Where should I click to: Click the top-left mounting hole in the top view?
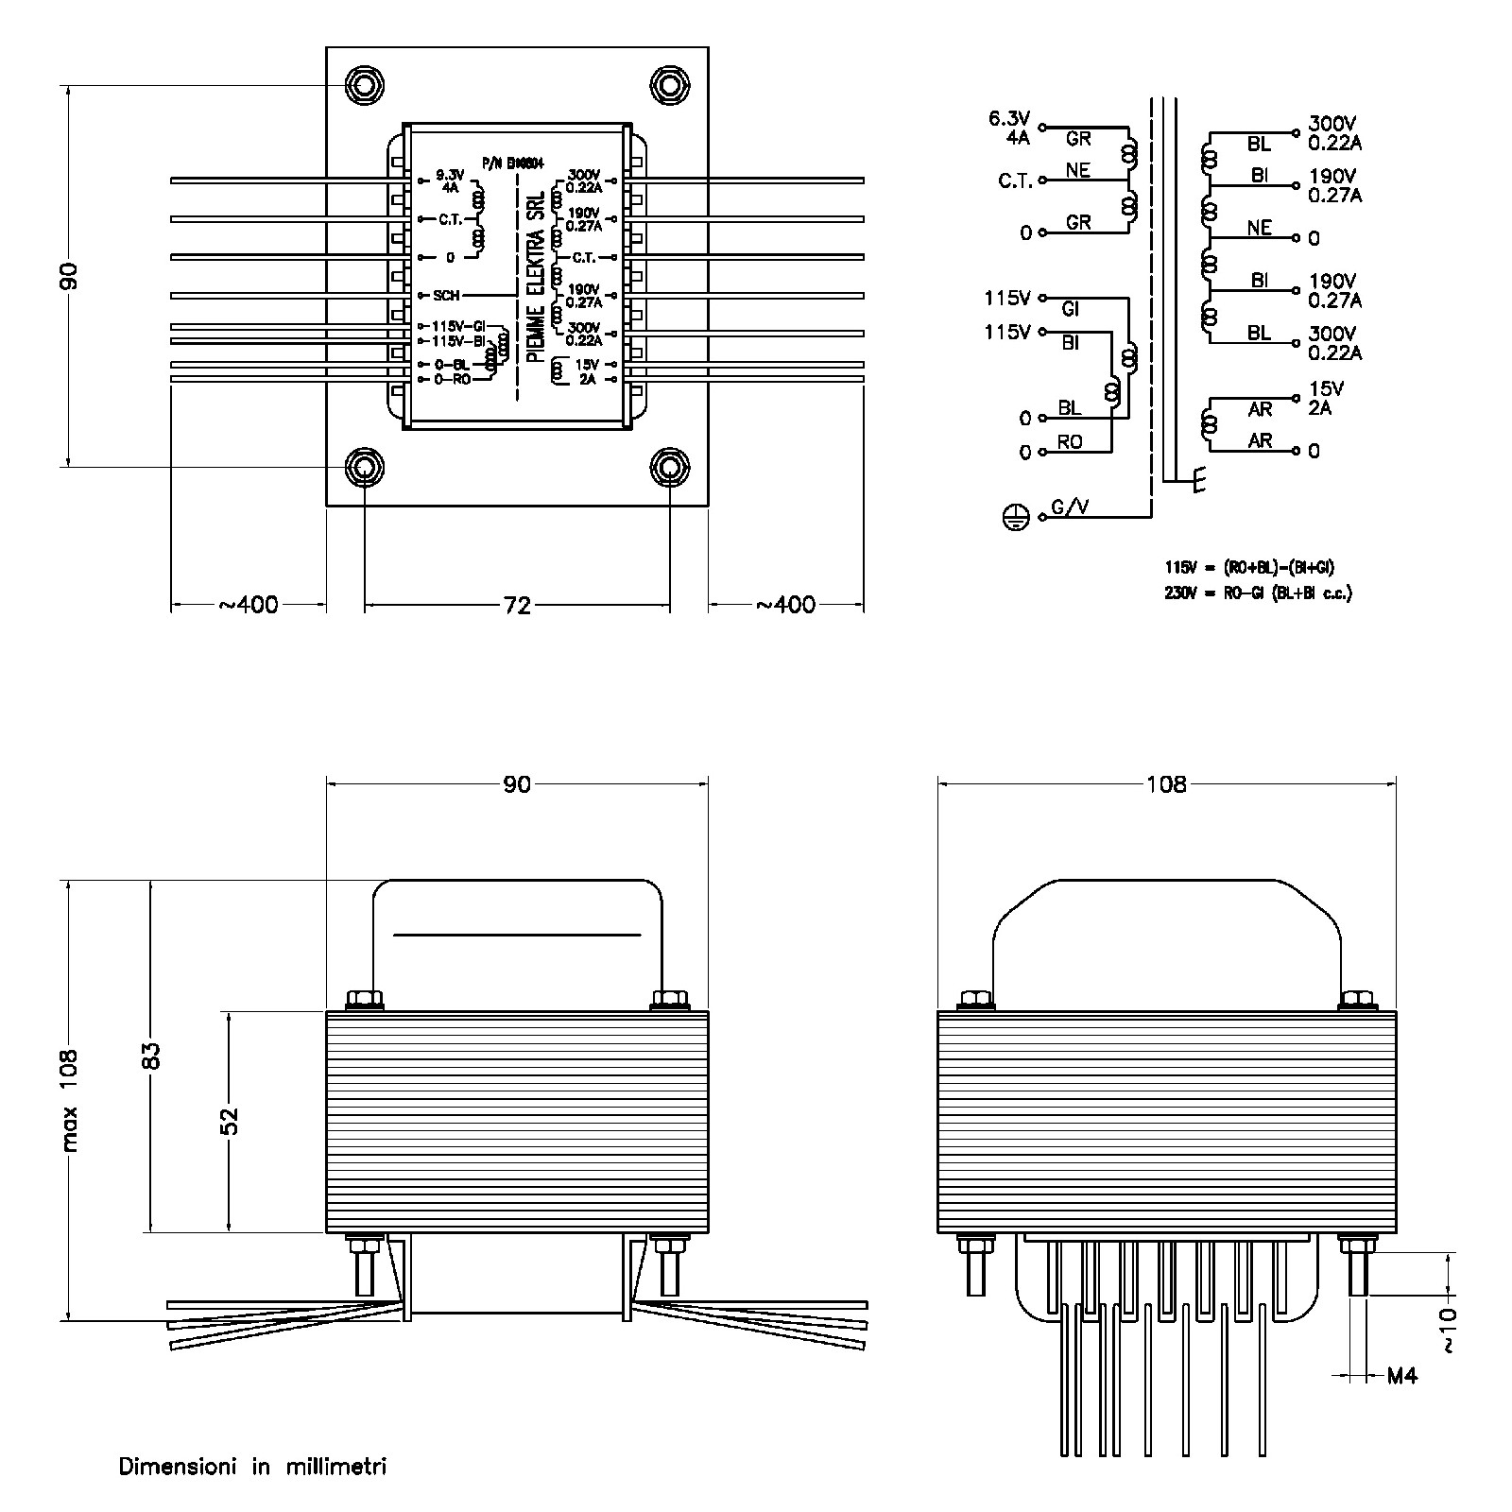[x=364, y=86]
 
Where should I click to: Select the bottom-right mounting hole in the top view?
[x=669, y=467]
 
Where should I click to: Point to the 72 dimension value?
[x=517, y=606]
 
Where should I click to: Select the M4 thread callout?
[x=1402, y=1376]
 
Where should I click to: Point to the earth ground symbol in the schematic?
[x=1014, y=517]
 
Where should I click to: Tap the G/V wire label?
[x=1070, y=507]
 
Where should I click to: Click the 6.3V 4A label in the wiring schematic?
[x=1008, y=127]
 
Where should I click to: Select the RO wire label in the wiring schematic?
[x=1070, y=442]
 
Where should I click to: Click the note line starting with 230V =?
[x=1258, y=593]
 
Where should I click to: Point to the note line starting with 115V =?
[x=1249, y=568]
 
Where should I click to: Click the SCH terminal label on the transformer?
[x=446, y=296]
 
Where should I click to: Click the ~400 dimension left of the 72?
[x=249, y=605]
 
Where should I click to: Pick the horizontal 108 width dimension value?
[x=1165, y=783]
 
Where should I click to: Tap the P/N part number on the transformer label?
[x=511, y=163]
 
